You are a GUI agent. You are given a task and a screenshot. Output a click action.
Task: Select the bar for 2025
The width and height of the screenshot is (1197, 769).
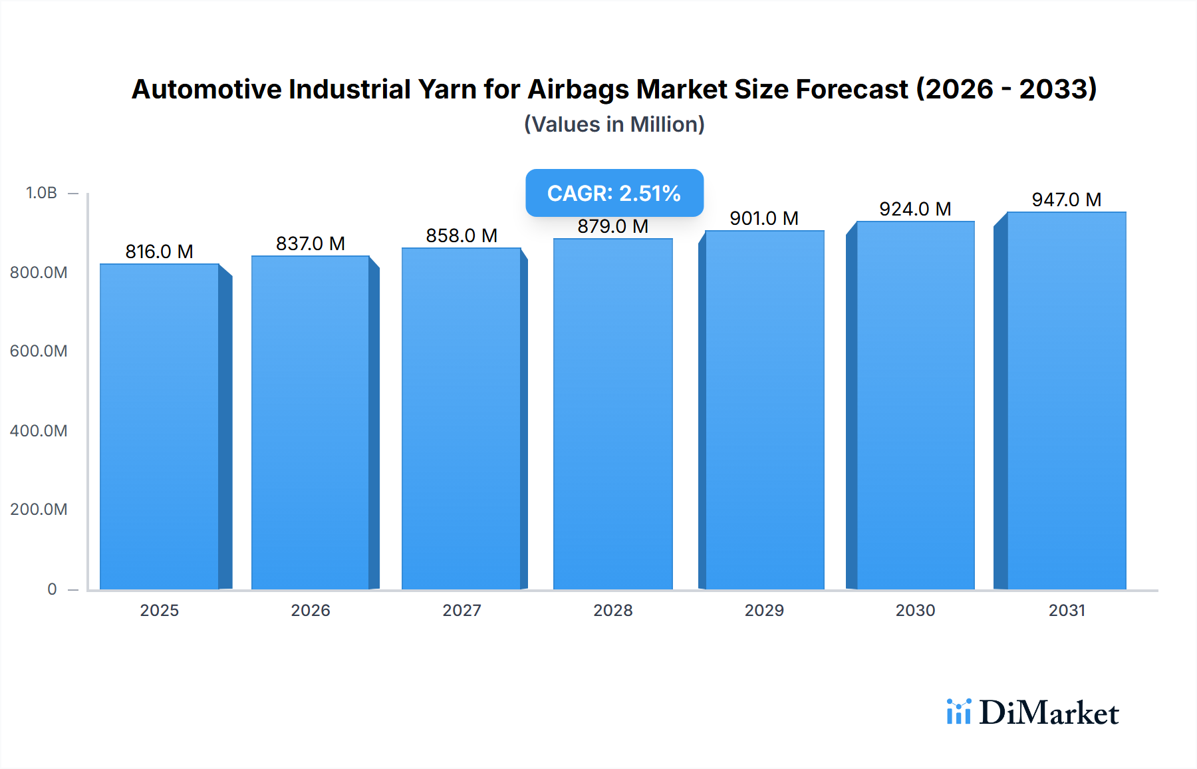pyautogui.click(x=160, y=426)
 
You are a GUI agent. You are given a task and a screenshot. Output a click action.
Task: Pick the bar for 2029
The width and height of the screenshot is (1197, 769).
pyautogui.click(x=765, y=410)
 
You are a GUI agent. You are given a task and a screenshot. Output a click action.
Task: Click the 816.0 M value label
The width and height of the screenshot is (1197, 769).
pyautogui.click(x=160, y=251)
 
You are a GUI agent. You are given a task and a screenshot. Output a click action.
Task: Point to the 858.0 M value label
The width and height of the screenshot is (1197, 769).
pyautogui.click(x=462, y=235)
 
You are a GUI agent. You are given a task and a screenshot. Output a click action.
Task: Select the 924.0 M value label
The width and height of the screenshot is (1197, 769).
pyautogui.click(x=915, y=209)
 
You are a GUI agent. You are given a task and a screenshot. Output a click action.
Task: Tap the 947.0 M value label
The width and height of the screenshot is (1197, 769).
pyautogui.click(x=1067, y=200)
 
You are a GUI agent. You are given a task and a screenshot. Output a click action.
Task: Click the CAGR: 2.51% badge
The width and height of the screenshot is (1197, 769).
pyautogui.click(x=614, y=193)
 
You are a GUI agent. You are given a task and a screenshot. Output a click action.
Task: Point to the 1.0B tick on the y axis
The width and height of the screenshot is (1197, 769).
pyautogui.click(x=41, y=193)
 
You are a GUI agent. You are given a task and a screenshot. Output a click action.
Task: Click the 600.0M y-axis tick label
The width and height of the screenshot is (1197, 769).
pyautogui.click(x=39, y=351)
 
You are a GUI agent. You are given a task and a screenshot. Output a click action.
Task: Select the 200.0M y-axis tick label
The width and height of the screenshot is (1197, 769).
pyautogui.click(x=39, y=510)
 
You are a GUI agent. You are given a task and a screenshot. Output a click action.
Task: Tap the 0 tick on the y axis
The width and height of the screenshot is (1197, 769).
pyautogui.click(x=52, y=589)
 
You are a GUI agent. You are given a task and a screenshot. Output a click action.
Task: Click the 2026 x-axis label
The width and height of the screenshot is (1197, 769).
pyautogui.click(x=311, y=610)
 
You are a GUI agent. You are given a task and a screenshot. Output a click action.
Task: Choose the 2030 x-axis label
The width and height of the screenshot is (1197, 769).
pyautogui.click(x=915, y=610)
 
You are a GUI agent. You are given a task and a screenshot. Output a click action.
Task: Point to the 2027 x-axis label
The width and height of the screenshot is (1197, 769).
pyautogui.click(x=462, y=610)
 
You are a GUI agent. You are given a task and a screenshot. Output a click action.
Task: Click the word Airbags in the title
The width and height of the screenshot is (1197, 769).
pyautogui.click(x=578, y=89)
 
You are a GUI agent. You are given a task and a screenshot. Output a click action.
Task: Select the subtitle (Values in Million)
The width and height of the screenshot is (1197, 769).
pyautogui.click(x=614, y=124)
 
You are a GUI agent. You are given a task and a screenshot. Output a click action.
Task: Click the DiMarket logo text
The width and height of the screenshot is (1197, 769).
pyautogui.click(x=1049, y=713)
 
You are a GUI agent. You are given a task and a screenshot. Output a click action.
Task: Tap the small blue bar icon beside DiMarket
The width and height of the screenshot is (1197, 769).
pyautogui.click(x=959, y=712)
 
